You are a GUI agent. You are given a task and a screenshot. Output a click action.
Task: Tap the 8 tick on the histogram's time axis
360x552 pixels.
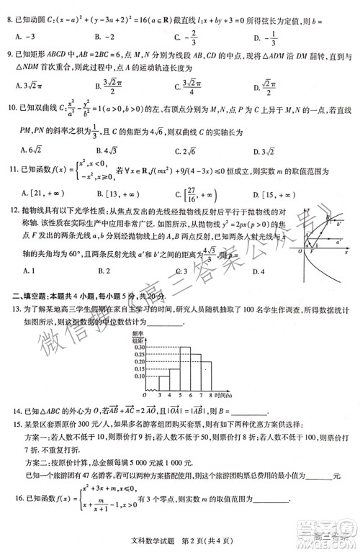[x=210, y=395]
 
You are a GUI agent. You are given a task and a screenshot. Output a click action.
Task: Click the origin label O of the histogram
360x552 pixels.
[x=145, y=395]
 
